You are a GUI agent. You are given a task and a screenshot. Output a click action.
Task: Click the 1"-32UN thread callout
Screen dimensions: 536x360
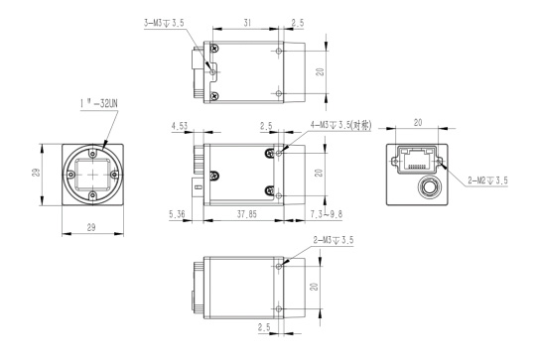99,104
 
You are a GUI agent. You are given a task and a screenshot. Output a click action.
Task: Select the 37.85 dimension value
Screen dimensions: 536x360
247,214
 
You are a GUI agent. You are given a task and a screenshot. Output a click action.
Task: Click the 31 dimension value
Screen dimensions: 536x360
247,23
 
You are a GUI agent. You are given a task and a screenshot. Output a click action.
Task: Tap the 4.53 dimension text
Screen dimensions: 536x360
180,126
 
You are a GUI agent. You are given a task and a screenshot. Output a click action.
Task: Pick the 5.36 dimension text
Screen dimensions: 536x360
177,214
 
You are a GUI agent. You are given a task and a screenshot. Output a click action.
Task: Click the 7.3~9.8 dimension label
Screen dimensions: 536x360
327,214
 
